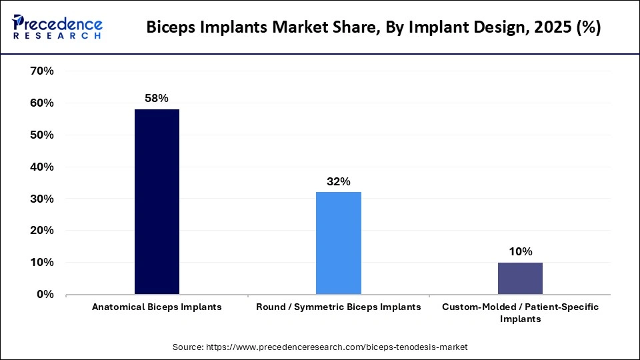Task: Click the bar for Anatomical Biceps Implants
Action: [x=157, y=201]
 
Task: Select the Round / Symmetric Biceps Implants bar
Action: [x=338, y=243]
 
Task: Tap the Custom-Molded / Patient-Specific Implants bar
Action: [x=520, y=278]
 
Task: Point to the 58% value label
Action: [x=157, y=98]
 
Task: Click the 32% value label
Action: [x=339, y=181]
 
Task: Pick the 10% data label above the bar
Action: [x=520, y=251]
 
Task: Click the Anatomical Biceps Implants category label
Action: [x=157, y=307]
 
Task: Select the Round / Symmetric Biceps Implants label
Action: [x=339, y=307]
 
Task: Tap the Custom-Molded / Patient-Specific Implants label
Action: [x=520, y=313]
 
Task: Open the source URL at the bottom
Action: [x=320, y=347]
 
